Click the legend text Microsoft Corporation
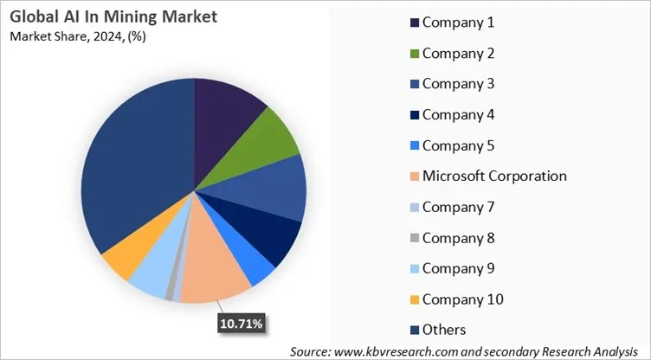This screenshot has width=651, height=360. tap(494, 176)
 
